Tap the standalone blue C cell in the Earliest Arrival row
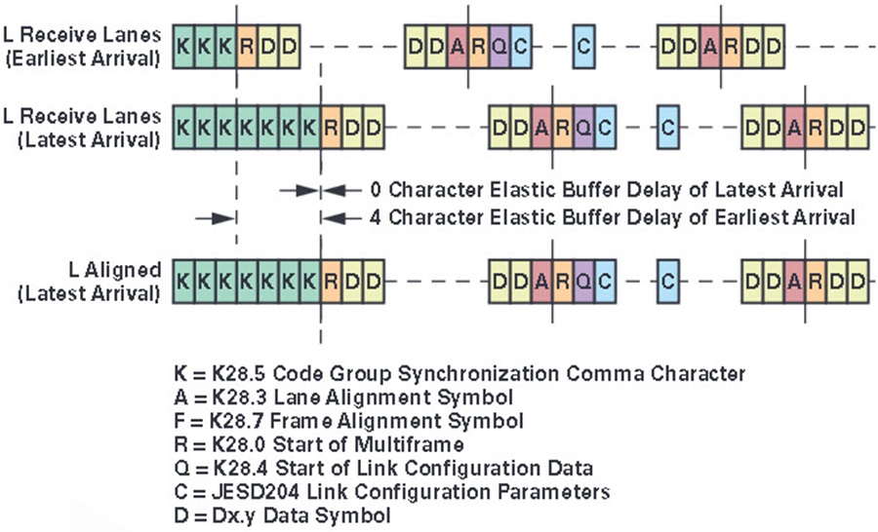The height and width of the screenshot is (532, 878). point(583,47)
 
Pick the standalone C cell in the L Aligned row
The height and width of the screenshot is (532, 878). point(667,281)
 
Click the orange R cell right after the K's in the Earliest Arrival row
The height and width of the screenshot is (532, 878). point(247,47)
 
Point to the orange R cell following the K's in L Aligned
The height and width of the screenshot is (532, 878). point(331,281)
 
